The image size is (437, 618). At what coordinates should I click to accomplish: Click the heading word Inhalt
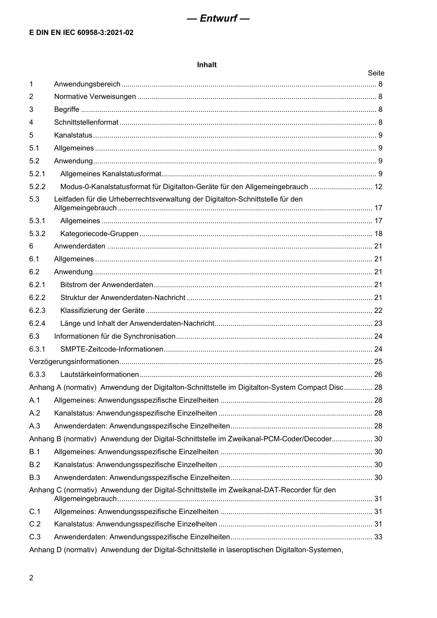tap(207, 65)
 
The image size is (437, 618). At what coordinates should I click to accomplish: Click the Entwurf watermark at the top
tap(218, 18)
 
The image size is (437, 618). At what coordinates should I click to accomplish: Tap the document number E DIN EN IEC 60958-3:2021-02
tap(81, 33)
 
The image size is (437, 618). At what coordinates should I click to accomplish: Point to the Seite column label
tap(376, 73)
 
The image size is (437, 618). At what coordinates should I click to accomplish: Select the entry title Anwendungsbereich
tap(87, 84)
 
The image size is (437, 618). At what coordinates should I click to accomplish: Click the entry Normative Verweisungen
tap(95, 97)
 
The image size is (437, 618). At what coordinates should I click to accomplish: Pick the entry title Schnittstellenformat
tap(86, 122)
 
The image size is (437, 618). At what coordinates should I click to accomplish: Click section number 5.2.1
tap(37, 174)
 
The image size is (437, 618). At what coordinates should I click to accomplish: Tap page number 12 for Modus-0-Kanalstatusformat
tap(378, 187)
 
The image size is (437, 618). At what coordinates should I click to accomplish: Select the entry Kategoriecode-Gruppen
tap(99, 234)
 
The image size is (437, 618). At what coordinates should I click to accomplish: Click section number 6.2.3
tap(37, 311)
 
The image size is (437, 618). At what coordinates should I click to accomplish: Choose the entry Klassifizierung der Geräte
tap(103, 311)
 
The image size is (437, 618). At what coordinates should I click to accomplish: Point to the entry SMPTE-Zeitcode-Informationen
tap(112, 349)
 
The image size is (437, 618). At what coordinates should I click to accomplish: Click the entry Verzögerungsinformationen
tap(74, 362)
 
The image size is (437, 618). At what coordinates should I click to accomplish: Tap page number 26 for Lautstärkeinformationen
tap(378, 375)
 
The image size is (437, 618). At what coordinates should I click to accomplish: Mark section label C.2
tap(35, 524)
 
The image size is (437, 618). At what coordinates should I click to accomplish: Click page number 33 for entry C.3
tap(378, 537)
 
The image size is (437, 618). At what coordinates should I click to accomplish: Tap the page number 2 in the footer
tap(31, 578)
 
